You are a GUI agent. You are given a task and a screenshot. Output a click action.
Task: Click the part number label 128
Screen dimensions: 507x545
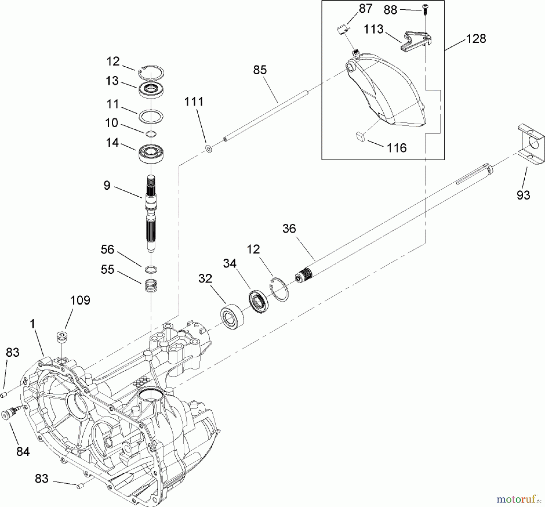[476, 39]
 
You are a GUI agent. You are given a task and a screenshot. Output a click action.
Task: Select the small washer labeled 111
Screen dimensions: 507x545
[208, 149]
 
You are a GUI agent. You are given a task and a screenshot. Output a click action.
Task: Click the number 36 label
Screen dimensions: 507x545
[289, 228]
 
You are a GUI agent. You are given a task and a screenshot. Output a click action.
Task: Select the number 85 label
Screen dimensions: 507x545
[260, 70]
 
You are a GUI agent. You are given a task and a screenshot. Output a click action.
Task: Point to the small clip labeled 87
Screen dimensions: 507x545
[342, 30]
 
